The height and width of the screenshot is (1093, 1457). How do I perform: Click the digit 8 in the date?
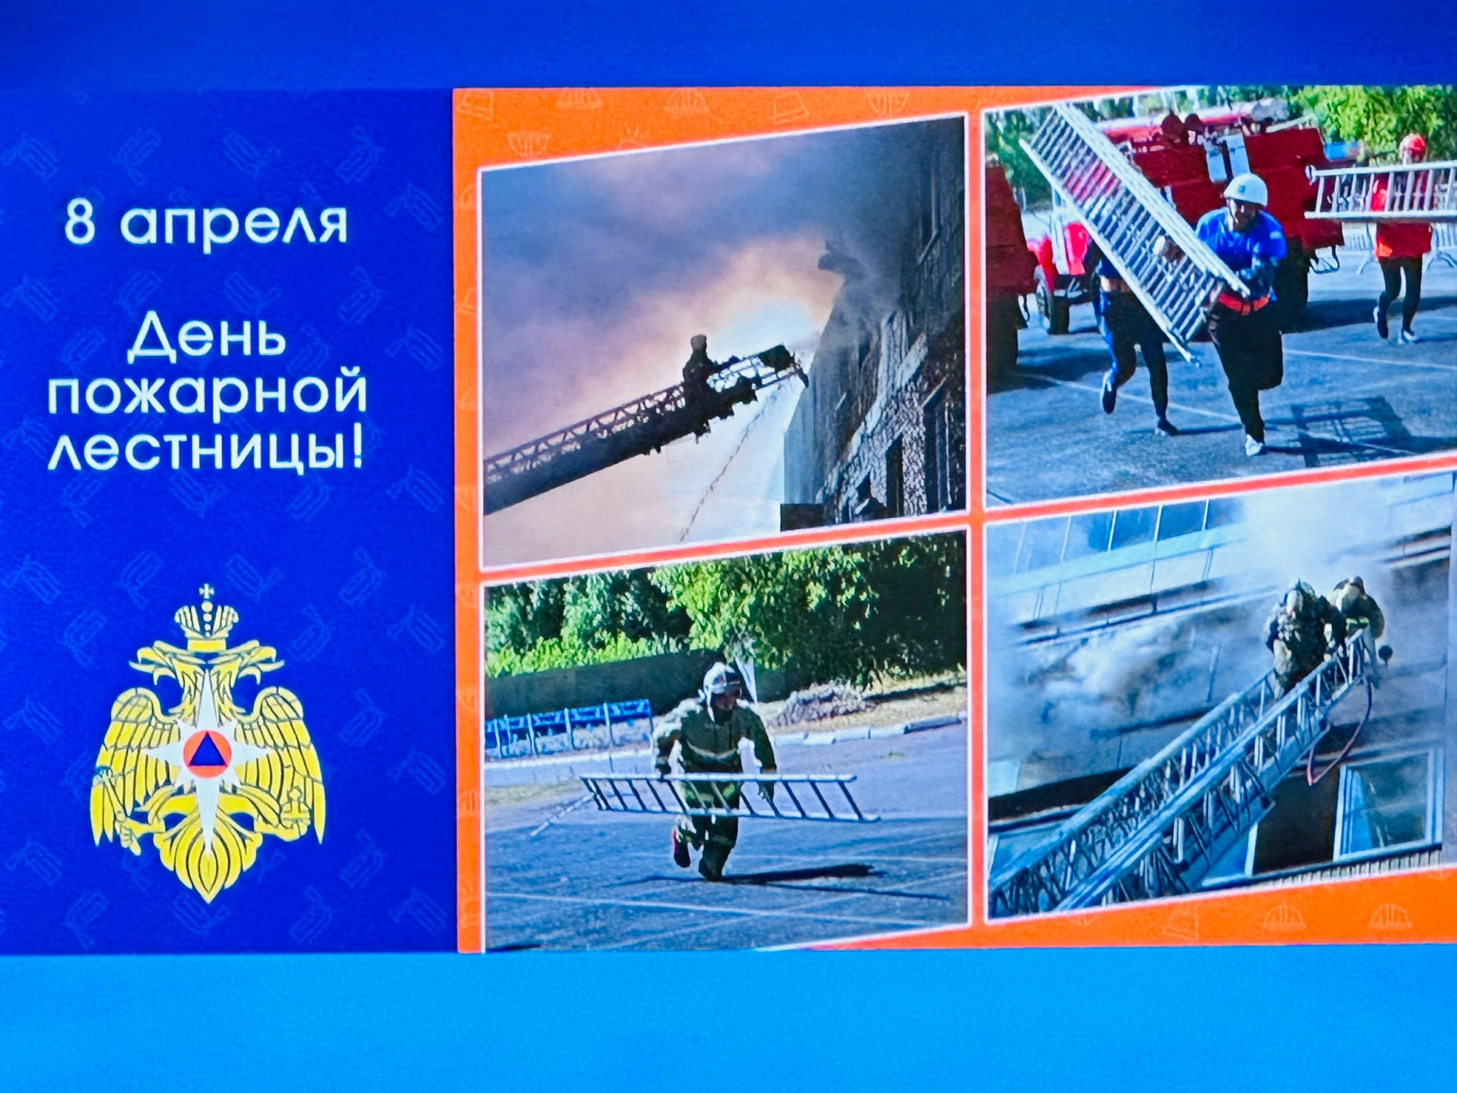pos(80,222)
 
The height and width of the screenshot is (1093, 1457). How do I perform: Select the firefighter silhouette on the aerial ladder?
pos(697,366)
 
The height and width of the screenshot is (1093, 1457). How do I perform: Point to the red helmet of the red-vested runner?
pos(1412,145)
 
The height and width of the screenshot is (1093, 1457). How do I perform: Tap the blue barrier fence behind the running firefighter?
pos(569,726)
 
